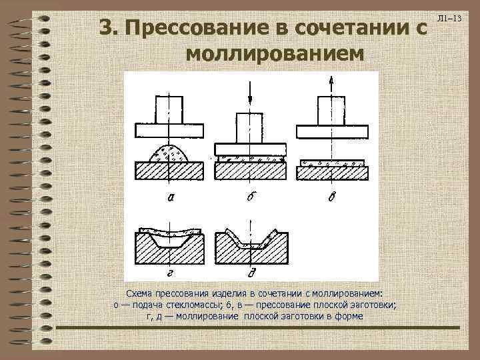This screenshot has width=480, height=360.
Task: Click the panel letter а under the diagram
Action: (x=172, y=198)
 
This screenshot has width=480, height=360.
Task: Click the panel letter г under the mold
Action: (x=171, y=272)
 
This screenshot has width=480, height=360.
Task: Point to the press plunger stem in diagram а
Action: (x=169, y=110)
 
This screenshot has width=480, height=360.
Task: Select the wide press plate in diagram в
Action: (x=331, y=129)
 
